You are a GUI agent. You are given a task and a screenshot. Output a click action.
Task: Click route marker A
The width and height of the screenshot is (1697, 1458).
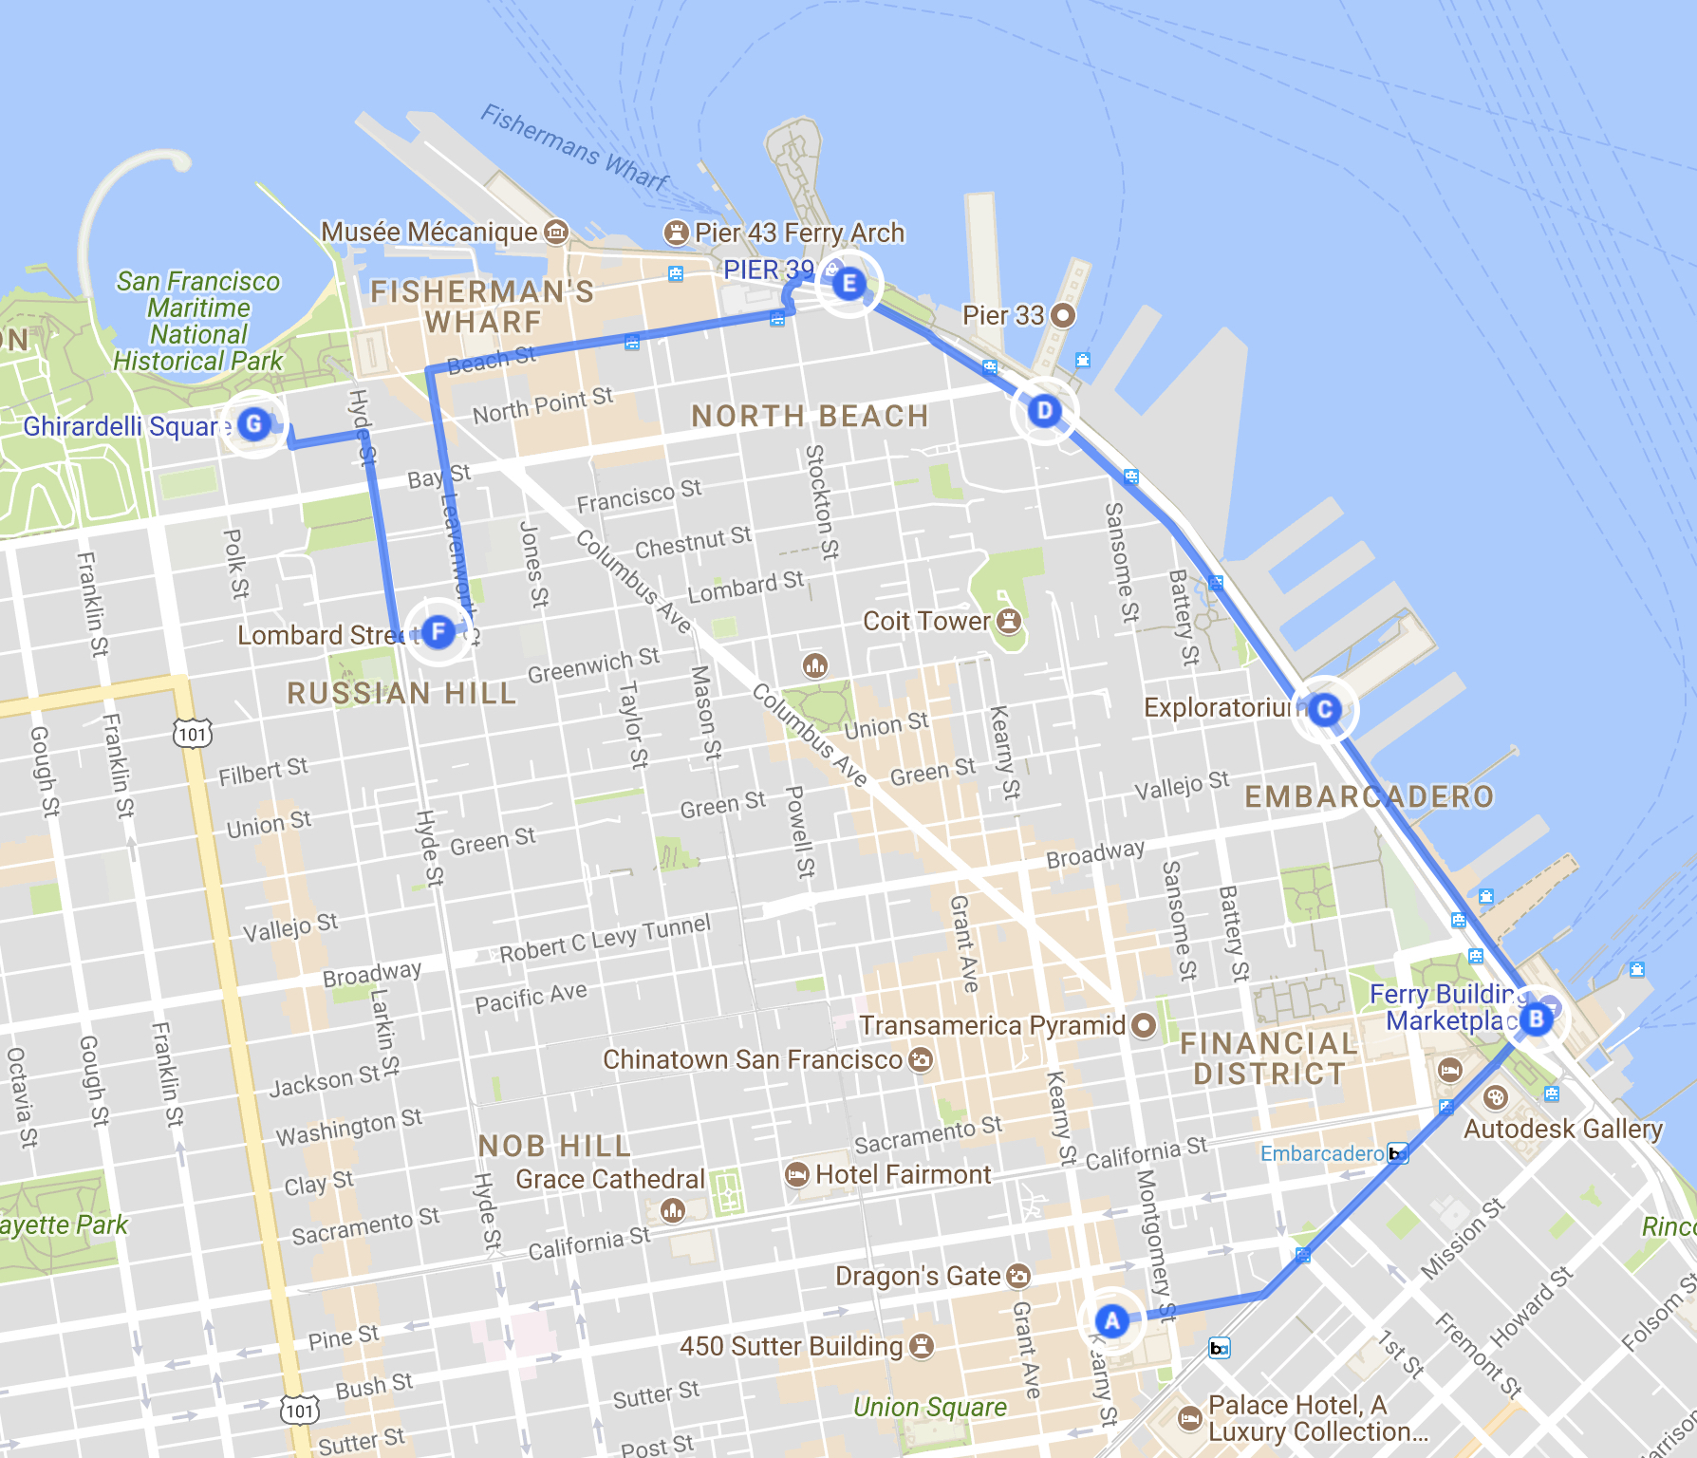[1111, 1320]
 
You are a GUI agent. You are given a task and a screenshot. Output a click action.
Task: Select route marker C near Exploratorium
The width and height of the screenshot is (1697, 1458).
[1325, 709]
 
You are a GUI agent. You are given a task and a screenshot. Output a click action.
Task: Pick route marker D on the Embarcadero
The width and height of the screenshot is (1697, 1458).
[1044, 411]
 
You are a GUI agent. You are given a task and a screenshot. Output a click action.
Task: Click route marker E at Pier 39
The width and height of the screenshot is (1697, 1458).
[848, 283]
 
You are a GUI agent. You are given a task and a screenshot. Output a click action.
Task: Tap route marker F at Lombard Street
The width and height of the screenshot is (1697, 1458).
[438, 631]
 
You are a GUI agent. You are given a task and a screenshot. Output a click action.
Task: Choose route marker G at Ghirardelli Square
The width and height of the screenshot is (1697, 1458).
[253, 423]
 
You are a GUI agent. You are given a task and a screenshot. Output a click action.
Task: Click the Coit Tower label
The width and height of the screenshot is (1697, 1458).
[925, 621]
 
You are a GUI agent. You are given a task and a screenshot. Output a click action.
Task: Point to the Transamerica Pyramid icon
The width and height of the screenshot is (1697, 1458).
[1144, 1025]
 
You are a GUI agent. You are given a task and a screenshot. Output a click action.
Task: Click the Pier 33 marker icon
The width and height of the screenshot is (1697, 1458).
[1064, 315]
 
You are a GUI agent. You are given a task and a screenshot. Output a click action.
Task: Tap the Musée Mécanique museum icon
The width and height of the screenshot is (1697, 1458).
[556, 232]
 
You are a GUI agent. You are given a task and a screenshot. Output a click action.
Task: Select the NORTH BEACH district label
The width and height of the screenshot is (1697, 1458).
[809, 416]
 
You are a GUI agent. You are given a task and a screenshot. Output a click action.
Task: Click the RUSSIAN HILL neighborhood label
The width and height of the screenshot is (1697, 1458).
[401, 693]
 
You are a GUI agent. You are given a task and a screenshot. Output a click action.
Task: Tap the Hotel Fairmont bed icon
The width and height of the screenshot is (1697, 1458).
[797, 1175]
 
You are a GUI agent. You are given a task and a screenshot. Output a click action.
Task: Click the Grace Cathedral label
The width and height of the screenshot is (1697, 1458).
[609, 1179]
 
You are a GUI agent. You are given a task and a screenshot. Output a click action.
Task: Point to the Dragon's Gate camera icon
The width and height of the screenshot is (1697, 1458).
[1017, 1276]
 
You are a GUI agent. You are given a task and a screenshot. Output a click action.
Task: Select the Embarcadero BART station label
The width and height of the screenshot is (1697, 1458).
[1321, 1153]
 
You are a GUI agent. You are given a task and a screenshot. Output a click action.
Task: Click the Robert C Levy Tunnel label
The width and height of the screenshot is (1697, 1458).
[605, 939]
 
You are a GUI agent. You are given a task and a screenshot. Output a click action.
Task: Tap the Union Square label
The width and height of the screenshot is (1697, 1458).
[929, 1407]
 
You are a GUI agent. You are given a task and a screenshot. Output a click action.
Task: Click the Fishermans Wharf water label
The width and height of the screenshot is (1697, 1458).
[574, 148]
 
